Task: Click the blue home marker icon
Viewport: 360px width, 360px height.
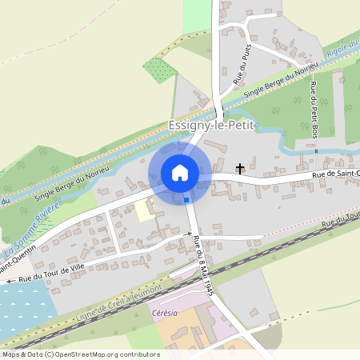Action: [x=180, y=173]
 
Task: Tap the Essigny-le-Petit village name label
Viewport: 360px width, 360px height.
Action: [x=210, y=126]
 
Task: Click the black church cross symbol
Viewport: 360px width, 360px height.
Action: [x=240, y=168]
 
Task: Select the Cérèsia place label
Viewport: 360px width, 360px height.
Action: [x=162, y=314]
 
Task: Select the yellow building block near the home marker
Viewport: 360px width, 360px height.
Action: [x=145, y=210]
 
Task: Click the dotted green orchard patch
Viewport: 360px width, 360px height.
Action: [x=159, y=70]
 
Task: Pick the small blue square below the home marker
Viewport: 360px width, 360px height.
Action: [x=186, y=199]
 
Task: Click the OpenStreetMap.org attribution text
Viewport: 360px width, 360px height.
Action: [x=96, y=354]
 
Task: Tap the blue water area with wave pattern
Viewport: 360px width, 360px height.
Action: [x=24, y=308]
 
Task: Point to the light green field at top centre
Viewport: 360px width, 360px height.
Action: [x=196, y=16]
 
